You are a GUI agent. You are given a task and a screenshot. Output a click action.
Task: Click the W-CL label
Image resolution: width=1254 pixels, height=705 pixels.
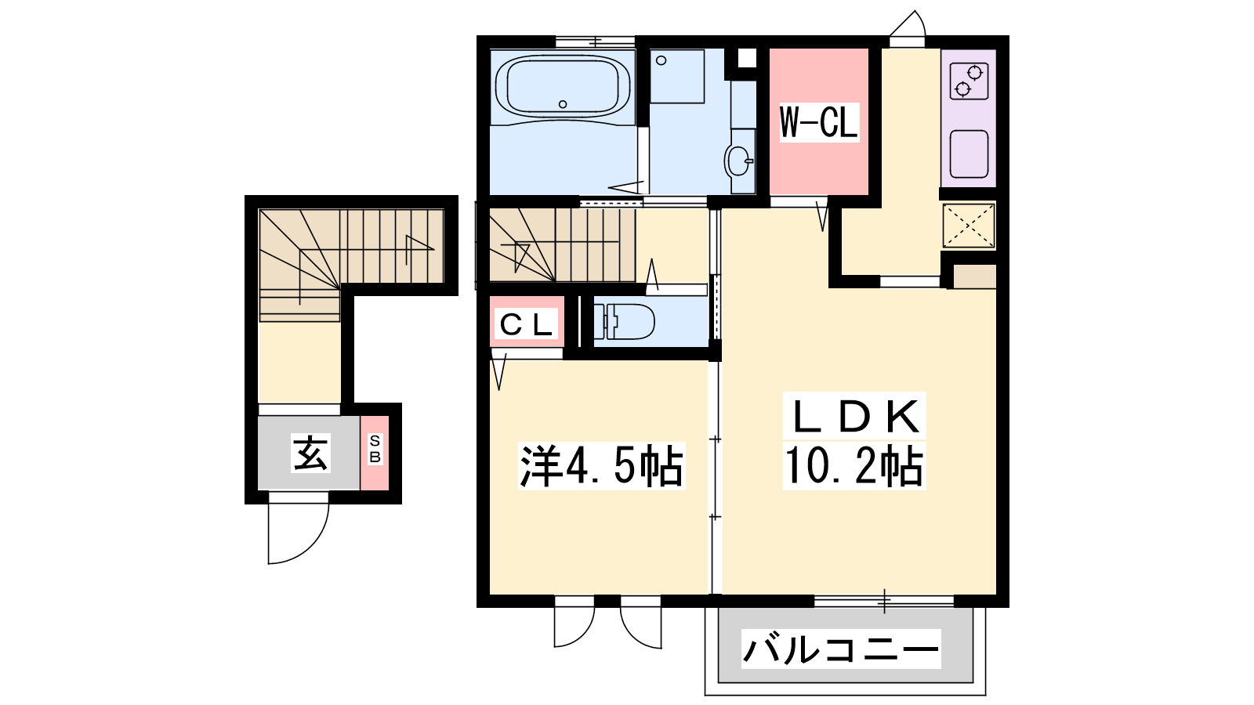(819, 122)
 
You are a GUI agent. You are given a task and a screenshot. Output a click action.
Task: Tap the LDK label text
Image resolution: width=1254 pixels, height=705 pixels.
(854, 416)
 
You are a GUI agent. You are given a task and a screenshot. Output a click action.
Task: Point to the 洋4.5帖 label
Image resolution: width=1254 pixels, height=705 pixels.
(602, 466)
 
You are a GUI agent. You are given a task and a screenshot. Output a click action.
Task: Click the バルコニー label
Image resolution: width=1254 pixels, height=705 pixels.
(841, 649)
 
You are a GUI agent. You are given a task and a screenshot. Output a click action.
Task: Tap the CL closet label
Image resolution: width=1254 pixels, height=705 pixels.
(526, 325)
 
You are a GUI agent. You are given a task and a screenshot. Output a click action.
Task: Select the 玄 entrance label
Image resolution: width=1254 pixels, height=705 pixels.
(310, 453)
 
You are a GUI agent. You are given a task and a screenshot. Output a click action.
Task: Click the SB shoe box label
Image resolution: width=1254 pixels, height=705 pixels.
(375, 450)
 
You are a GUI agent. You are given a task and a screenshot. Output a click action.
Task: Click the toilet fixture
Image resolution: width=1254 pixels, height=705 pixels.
(624, 322)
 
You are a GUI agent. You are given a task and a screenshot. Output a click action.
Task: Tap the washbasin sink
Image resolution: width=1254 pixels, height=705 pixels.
(739, 161)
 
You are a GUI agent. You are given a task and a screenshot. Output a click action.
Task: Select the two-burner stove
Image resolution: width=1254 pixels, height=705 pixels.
(969, 81)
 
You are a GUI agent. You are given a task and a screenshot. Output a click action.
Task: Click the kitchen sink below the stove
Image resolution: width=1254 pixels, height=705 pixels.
(969, 154)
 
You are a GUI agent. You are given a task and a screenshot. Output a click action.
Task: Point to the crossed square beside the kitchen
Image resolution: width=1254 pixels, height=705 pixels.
(969, 226)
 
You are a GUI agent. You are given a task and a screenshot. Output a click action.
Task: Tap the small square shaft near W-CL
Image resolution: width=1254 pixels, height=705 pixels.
(746, 58)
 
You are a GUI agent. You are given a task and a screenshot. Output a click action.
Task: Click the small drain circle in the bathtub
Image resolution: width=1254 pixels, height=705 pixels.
(563, 104)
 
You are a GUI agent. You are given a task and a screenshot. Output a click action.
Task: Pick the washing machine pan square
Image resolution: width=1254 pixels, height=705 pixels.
(677, 76)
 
